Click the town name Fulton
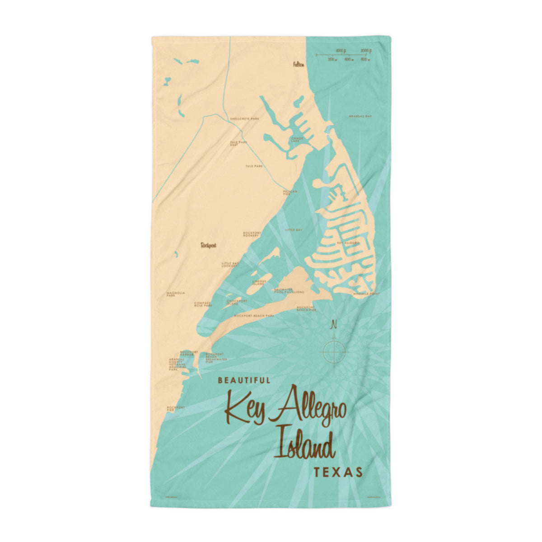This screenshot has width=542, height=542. [x=298, y=65]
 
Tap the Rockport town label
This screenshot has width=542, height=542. [x=209, y=245]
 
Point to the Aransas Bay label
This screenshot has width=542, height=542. [x=360, y=116]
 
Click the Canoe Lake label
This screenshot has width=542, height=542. [x=295, y=140]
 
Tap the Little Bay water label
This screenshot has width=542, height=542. [x=294, y=230]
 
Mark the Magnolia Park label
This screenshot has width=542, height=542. [x=176, y=294]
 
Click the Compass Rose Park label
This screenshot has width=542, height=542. [x=203, y=304]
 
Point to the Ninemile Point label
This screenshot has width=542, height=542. [x=366, y=294]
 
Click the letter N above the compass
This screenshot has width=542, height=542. [x=334, y=324]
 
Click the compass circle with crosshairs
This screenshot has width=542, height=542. [x=334, y=350]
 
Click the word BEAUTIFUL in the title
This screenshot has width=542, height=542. [x=244, y=381]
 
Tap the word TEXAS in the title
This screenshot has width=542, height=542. [x=338, y=472]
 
